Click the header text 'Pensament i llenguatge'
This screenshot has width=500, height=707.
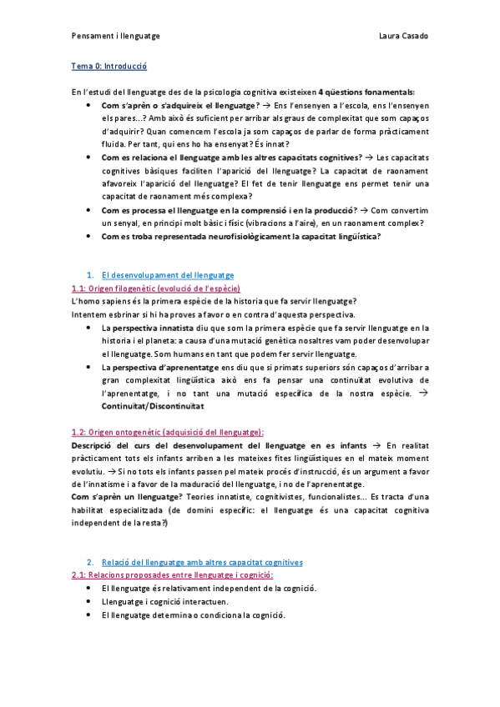tap(115, 36)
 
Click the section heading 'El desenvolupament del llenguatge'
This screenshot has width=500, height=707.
tap(167, 275)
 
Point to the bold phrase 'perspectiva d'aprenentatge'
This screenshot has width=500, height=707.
tap(160, 368)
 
